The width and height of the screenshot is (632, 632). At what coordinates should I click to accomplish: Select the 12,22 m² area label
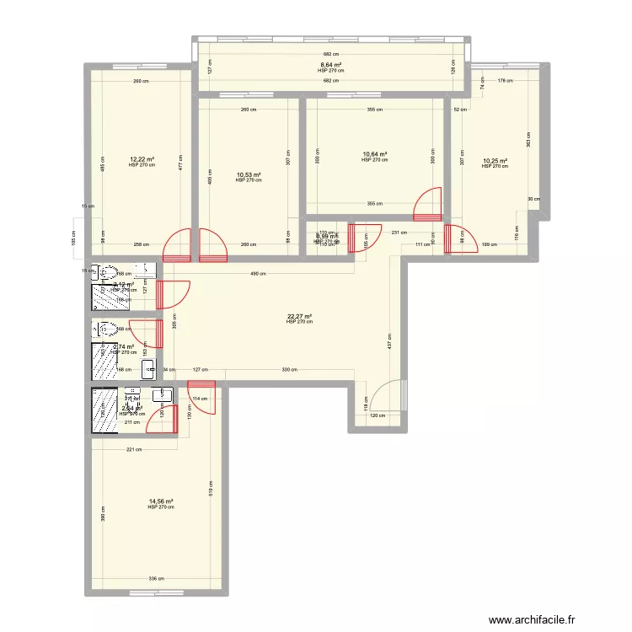142,158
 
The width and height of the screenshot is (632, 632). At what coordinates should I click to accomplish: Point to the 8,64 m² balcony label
330,65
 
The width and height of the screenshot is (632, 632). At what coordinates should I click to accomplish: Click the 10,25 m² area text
495,161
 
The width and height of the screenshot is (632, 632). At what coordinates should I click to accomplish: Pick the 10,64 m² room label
374,154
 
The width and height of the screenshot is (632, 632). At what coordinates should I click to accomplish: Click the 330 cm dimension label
288,369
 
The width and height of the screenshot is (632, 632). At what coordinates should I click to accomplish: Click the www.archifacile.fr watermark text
536,618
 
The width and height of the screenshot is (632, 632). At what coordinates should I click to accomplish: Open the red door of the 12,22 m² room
179,247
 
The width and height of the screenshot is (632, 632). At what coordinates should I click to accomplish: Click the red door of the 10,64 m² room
428,205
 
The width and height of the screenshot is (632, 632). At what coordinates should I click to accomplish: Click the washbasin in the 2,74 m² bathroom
148,367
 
